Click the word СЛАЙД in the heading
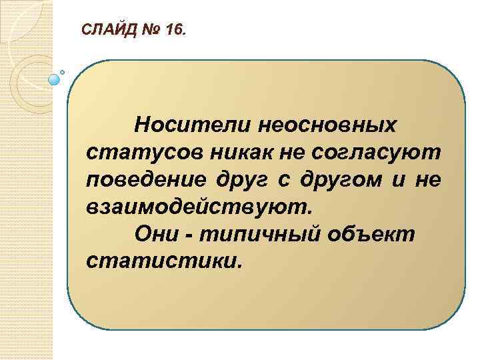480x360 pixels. (x=104, y=30)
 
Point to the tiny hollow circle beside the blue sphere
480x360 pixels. (x=63, y=71)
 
